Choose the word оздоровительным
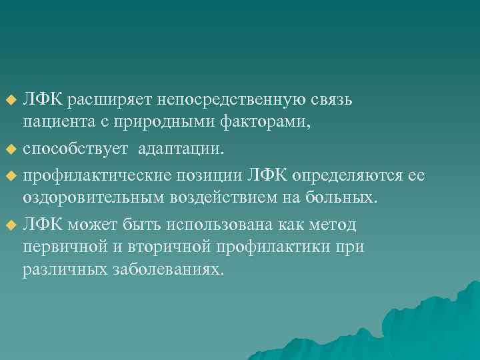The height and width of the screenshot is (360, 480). (x=87, y=198)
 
